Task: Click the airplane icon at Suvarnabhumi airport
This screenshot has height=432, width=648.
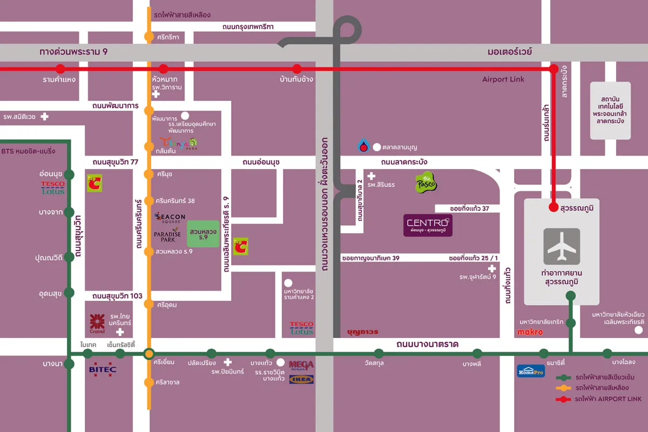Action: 562,246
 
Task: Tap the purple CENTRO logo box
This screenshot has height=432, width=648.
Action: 428,225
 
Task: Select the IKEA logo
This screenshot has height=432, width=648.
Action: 301,379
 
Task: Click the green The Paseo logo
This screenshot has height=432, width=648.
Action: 426,183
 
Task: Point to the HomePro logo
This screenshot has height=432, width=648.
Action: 531,371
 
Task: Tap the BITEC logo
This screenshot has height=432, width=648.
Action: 103,370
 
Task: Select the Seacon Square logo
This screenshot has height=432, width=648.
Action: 170,217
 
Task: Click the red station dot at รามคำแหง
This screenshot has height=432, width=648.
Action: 60,69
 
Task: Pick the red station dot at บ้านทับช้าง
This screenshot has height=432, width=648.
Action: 296,69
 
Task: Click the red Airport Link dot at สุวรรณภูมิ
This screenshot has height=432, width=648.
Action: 553,207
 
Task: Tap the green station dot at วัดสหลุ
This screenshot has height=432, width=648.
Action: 379,354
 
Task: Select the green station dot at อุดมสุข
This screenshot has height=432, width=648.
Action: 69,293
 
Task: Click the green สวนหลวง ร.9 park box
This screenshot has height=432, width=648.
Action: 203,234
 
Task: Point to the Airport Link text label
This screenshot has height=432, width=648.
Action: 503,79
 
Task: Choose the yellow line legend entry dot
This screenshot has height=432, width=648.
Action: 564,388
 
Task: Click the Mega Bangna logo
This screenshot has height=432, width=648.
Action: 301,366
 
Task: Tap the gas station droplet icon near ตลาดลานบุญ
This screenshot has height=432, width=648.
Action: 364,145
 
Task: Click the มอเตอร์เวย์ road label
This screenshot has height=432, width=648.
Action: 509,52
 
